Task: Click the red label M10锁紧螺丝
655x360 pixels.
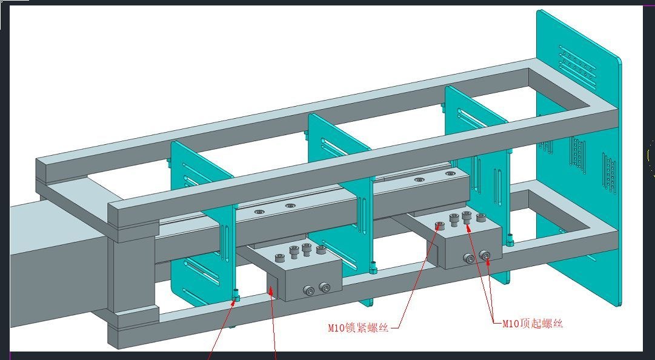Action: coord(359,328)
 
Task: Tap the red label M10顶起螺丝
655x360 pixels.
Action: coord(532,324)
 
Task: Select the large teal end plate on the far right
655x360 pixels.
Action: coord(579,159)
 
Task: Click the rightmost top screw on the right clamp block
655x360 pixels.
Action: coord(481,218)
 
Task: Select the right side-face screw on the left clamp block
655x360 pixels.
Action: coord(325,287)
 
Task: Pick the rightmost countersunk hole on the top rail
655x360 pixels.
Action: coord(450,173)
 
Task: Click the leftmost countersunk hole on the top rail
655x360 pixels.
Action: coord(259,212)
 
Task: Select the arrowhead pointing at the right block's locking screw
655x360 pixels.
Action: coord(437,228)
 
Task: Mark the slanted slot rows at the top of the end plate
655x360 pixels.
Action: coord(577,67)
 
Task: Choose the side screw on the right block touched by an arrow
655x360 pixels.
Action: coord(485,255)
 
